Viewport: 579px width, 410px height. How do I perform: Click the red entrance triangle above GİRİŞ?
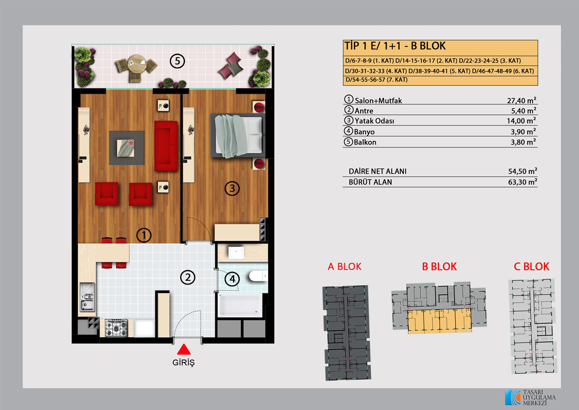point(183,349)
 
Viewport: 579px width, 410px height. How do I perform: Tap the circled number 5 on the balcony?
point(177,61)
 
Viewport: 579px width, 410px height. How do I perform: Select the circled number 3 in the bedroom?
point(232,189)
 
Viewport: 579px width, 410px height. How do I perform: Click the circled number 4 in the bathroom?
point(232,279)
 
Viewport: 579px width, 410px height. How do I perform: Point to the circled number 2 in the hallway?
point(187,277)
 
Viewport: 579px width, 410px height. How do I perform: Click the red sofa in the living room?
point(166,145)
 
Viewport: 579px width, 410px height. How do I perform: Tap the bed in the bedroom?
point(237,135)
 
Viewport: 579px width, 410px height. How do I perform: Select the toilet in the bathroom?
point(258,276)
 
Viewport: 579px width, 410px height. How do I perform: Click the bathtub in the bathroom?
point(240,305)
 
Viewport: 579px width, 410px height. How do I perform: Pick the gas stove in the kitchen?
point(116,328)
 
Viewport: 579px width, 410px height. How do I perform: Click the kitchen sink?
point(87,297)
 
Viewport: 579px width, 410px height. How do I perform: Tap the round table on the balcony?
point(137,64)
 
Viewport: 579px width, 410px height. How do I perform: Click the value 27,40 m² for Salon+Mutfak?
point(522,100)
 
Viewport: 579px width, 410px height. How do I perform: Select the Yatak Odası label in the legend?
point(374,121)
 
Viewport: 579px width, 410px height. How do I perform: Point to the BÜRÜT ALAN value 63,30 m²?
point(523,182)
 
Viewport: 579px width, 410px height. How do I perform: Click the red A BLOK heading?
point(344,267)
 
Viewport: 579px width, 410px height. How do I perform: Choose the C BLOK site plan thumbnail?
point(532,326)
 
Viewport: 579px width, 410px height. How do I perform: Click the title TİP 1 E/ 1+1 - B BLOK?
point(395,46)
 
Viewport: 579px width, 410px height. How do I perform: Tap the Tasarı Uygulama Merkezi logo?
point(530,397)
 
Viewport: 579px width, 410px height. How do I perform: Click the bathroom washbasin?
point(236,253)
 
